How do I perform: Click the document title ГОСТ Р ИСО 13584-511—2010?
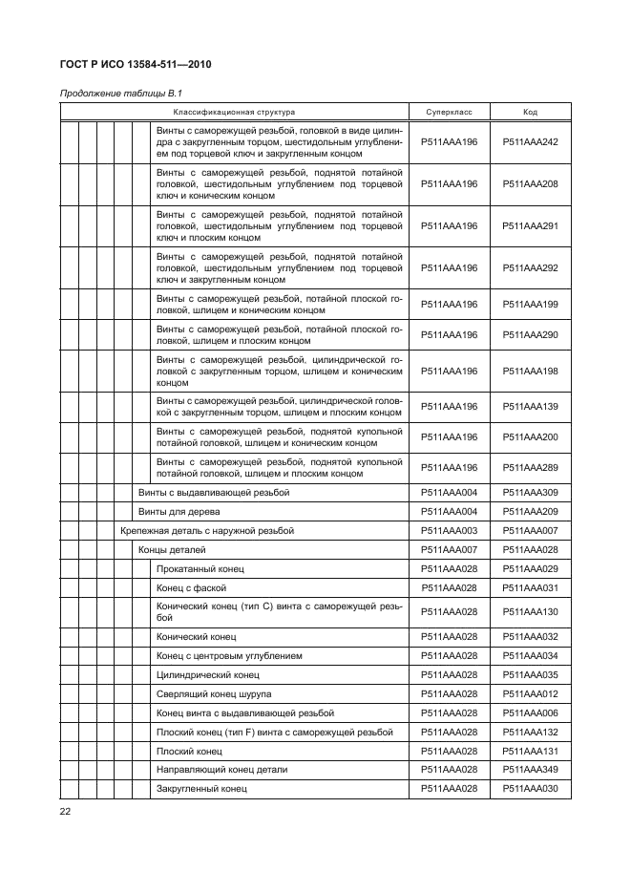point(137,65)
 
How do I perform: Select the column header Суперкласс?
point(449,112)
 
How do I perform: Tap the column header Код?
point(530,112)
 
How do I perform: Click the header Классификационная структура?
point(233,112)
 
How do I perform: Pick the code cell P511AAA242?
point(530,141)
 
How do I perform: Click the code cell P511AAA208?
point(530,183)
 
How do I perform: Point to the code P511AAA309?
point(530,493)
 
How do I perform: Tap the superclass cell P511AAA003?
point(449,530)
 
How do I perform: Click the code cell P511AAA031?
point(530,587)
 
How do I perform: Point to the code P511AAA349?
point(530,769)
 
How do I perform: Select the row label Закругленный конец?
point(201,788)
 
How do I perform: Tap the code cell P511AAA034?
point(530,655)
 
